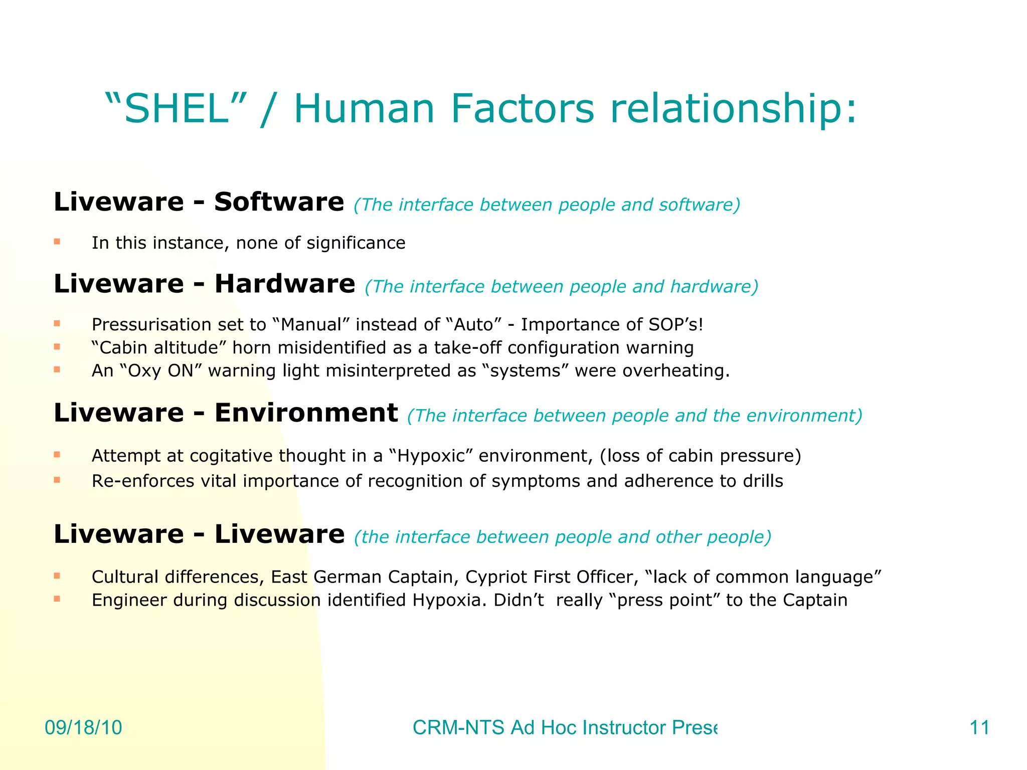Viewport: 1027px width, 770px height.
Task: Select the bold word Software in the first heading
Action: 279,202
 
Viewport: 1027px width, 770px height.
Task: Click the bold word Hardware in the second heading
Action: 285,284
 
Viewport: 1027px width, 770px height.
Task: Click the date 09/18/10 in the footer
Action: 83,727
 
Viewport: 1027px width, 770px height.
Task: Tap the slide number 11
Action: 979,727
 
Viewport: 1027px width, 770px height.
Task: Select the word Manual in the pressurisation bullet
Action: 310,325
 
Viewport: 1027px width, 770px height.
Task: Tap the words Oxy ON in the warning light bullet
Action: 161,371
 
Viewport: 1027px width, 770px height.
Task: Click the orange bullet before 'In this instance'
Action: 57,242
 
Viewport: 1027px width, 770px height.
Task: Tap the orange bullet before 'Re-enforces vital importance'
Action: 57,480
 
